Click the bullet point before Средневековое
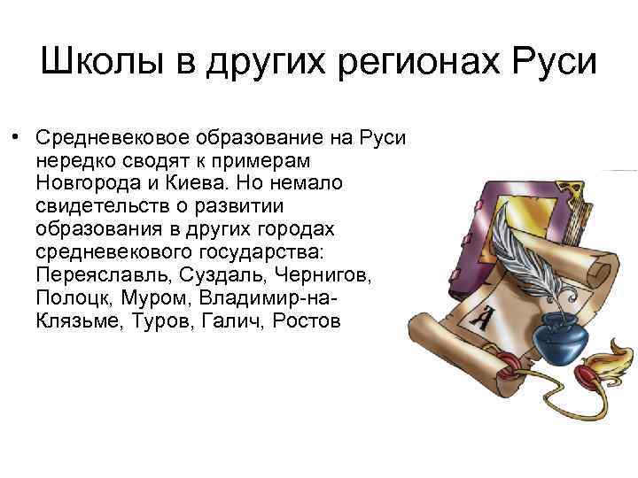[x=16, y=138]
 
